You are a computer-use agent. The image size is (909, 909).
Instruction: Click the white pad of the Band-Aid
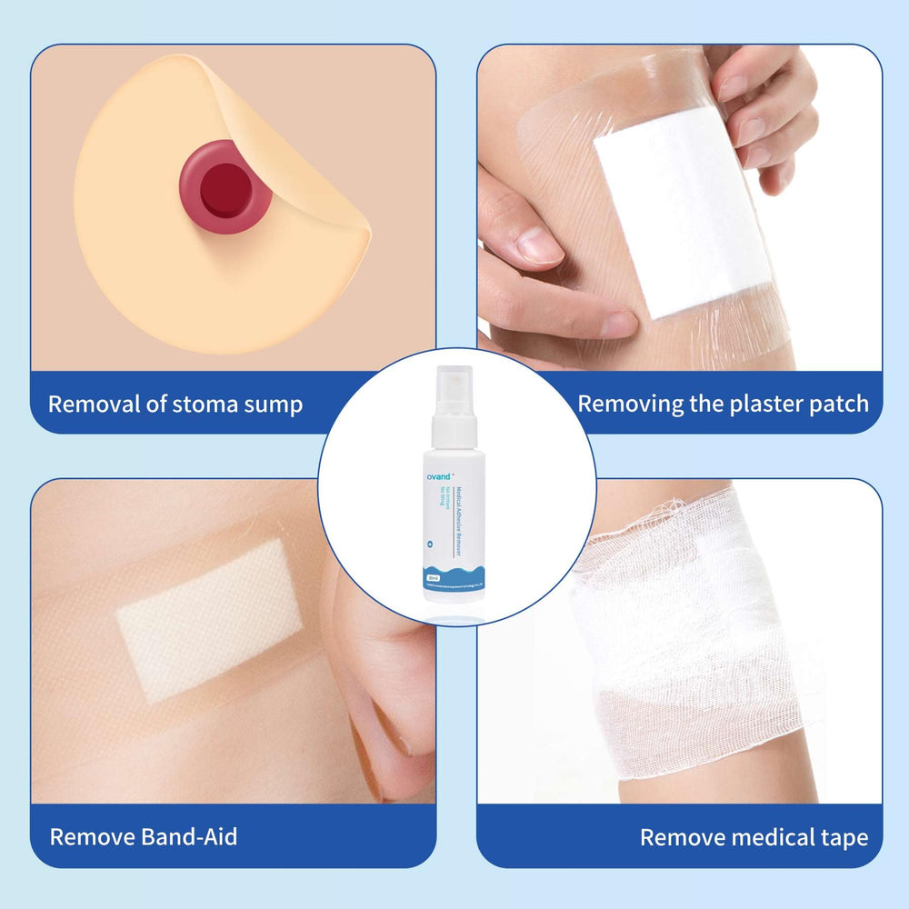209,618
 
